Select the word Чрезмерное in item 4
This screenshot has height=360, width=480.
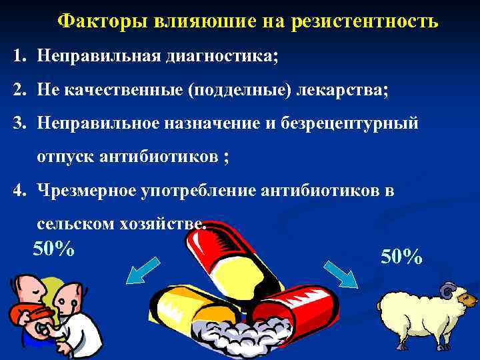tap(86, 191)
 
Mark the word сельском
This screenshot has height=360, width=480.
tap(70, 225)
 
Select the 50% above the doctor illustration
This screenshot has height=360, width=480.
tap(53, 249)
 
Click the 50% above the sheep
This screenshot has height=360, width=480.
tap(401, 256)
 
